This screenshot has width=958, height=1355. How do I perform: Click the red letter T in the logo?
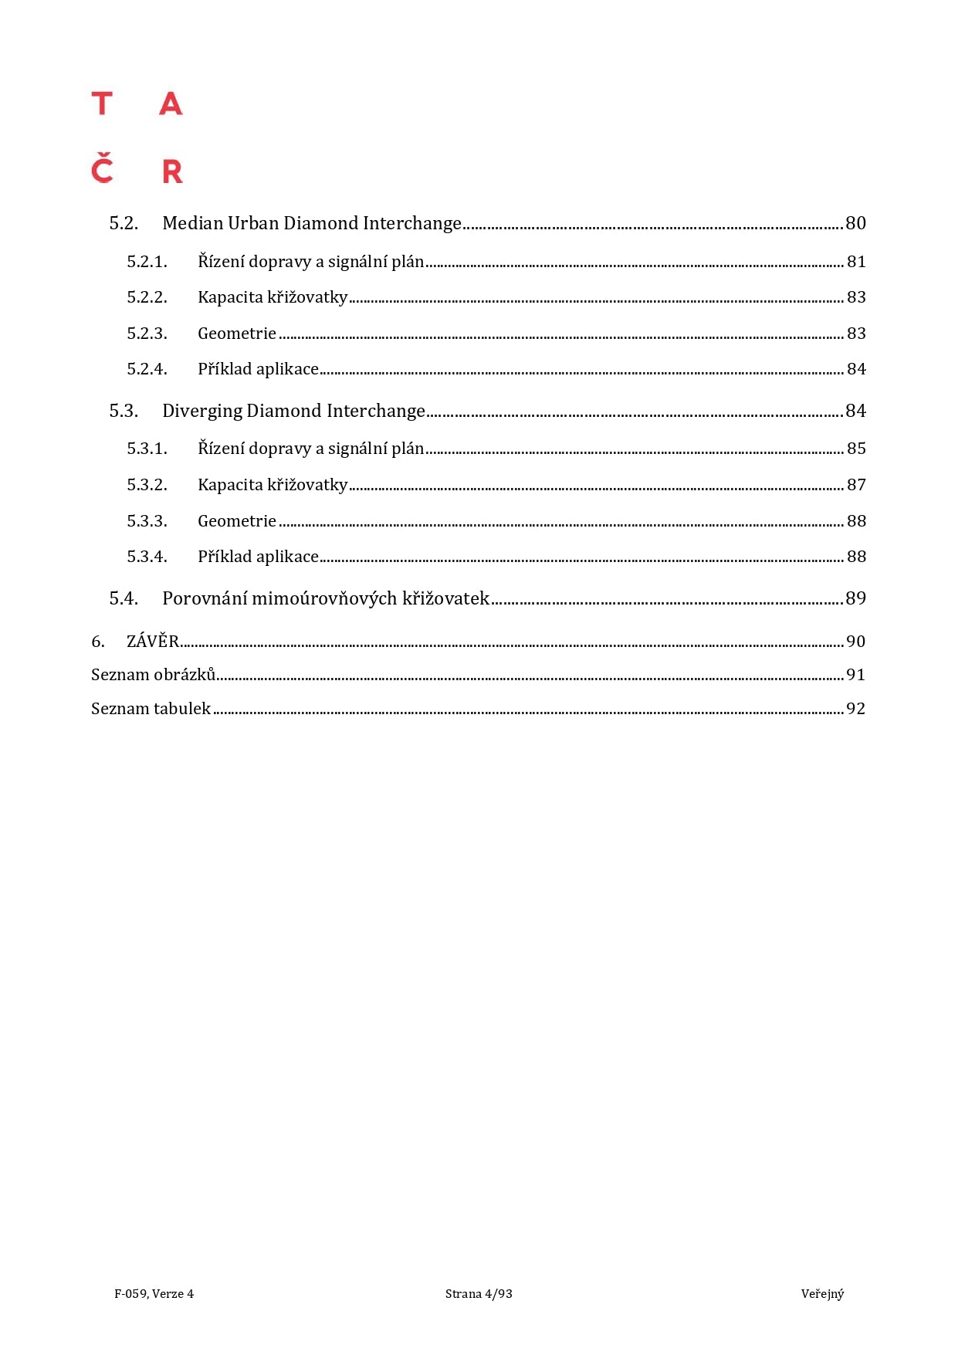102,103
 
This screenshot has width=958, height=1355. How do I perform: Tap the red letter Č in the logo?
102,169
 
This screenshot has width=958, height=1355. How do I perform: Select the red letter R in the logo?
172,171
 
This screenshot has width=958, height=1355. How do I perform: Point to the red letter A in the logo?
171,103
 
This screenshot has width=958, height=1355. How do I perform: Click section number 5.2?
124,223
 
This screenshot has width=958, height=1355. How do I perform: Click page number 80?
855,223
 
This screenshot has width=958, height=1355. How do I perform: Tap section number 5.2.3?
147,334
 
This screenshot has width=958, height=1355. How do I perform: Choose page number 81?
856,262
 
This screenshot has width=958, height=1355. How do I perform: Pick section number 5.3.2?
147,485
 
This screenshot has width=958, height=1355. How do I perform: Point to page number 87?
856,485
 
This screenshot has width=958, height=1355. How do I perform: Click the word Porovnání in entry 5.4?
204,598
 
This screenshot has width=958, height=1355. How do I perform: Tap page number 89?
855,598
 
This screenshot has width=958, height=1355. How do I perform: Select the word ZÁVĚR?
153,642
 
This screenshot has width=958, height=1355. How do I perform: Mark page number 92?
855,709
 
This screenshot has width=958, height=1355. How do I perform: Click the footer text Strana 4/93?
479,1294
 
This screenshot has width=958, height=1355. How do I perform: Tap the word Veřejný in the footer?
822,1294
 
